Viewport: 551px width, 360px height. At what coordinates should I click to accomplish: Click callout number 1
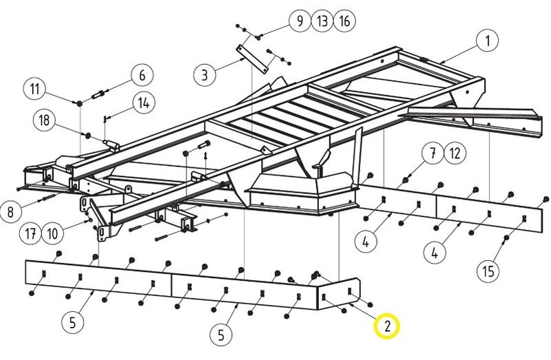488,41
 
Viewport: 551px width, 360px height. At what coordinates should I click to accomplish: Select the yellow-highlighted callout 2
387,327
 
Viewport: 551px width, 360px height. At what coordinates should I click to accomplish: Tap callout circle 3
205,74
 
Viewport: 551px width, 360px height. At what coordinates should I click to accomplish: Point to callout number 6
143,74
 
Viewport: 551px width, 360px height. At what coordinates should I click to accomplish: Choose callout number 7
432,153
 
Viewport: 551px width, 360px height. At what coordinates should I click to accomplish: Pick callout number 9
300,21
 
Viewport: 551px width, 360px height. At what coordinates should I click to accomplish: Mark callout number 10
53,233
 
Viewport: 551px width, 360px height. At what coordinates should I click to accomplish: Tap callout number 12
455,153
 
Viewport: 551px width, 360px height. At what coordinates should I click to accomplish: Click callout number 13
322,21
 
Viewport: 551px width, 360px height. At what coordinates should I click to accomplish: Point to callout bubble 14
143,103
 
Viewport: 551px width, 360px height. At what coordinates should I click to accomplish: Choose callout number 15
488,271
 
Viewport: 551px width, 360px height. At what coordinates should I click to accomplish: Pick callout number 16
345,21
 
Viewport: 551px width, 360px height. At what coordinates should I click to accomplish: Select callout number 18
45,120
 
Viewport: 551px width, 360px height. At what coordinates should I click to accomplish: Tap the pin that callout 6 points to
101,92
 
